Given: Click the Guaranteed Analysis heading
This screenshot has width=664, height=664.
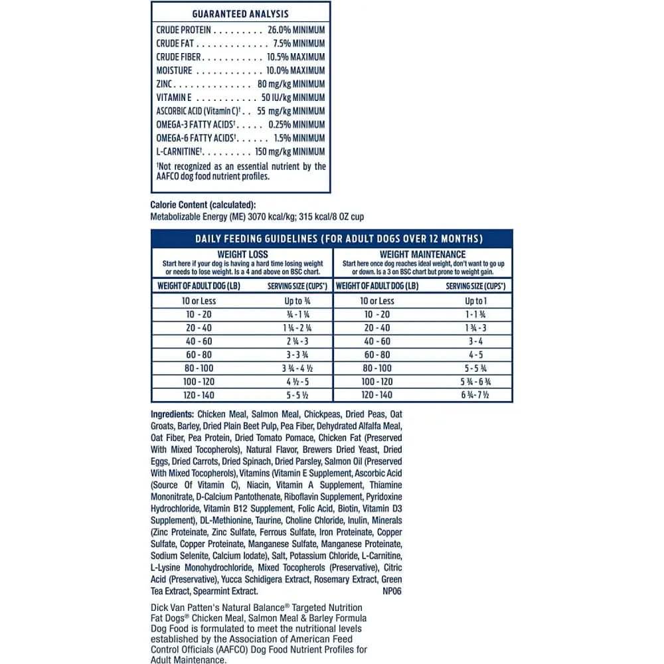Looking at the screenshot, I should click(x=240, y=14).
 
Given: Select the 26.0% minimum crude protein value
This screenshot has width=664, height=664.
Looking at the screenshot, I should click(x=296, y=30).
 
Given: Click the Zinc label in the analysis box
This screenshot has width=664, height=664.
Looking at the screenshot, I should click(x=164, y=84).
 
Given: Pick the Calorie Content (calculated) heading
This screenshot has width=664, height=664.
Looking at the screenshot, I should click(x=203, y=205).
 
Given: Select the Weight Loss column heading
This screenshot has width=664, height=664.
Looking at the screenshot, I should click(x=242, y=254).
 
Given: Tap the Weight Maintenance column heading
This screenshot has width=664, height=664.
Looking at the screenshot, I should click(x=422, y=254).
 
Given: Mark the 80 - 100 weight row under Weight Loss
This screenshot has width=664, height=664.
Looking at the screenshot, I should click(x=199, y=368).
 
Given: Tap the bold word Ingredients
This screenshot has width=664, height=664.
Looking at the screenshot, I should click(x=171, y=414).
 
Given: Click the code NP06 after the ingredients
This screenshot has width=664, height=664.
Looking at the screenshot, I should click(x=392, y=591).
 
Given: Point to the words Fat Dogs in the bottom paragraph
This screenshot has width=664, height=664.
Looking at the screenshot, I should click(x=168, y=619).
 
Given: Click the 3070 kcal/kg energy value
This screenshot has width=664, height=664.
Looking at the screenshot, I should click(x=271, y=217).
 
